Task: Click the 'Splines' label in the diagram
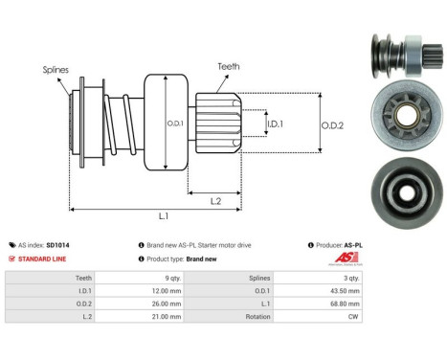click(56, 70)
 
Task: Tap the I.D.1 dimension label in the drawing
click(275, 124)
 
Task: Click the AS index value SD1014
click(84, 245)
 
